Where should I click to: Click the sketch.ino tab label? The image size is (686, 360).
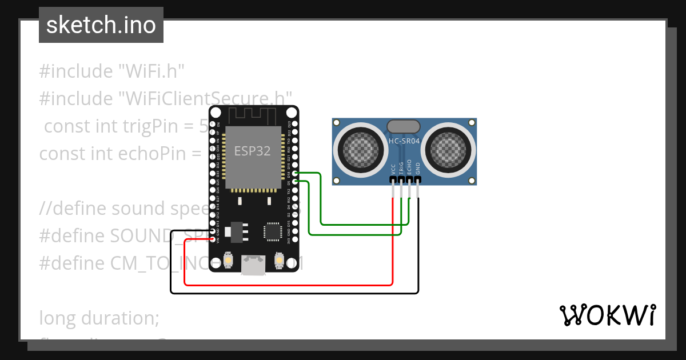click(x=101, y=25)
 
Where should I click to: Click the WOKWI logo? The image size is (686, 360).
click(x=607, y=315)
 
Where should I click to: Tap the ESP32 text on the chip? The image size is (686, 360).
click(x=252, y=150)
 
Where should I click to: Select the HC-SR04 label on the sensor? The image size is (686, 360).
click(x=404, y=141)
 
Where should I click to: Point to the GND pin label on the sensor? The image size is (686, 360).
click(x=418, y=169)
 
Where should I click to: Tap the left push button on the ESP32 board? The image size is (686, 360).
click(x=228, y=260)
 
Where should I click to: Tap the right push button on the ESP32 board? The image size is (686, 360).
click(x=279, y=260)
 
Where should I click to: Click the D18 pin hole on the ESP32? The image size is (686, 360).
click(x=294, y=173)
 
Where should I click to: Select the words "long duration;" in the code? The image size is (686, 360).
click(x=99, y=317)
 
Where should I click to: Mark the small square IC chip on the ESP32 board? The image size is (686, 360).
click(x=272, y=231)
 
